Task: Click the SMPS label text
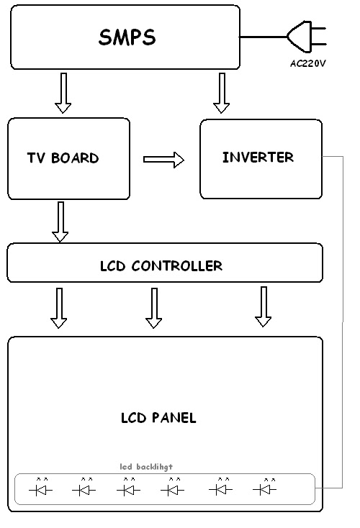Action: (x=127, y=37)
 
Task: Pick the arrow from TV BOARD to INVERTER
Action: (x=163, y=160)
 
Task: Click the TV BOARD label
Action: (x=63, y=158)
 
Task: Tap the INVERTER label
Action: (x=258, y=157)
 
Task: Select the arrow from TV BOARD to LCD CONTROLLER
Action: (x=60, y=222)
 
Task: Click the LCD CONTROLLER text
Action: (x=161, y=266)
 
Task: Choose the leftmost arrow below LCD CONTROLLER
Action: (x=59, y=308)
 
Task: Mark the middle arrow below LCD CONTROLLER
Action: (x=153, y=308)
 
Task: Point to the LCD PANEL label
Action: (x=159, y=418)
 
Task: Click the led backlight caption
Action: (x=146, y=466)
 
